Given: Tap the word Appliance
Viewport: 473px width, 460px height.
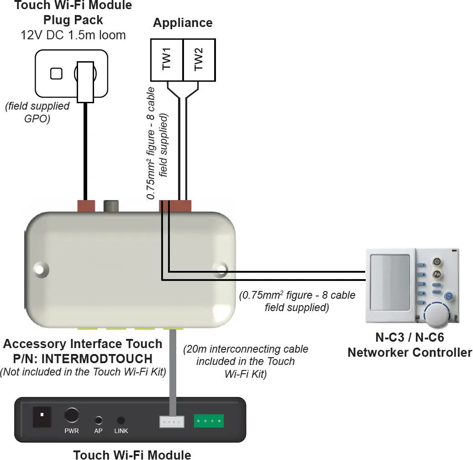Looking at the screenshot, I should [x=183, y=23].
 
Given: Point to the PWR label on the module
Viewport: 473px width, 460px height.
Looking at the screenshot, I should [x=71, y=431].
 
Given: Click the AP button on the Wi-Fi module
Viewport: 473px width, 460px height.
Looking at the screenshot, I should [x=98, y=420].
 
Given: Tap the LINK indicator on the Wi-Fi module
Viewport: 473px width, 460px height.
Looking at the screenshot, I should [x=121, y=420].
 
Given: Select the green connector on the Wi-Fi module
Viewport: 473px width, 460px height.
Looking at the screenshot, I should [x=209, y=420].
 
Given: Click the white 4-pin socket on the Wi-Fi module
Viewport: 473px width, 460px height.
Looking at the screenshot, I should [x=172, y=421].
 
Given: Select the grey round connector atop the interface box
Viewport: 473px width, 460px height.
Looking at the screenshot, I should [x=111, y=206].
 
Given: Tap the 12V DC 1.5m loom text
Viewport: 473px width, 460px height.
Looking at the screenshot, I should [x=74, y=35].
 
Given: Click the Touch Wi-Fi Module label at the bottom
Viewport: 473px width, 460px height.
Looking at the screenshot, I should [x=132, y=454].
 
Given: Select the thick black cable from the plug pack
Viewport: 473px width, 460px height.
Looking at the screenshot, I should [x=85, y=151].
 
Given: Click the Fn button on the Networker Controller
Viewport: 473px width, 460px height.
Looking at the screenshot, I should [x=436, y=274].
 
